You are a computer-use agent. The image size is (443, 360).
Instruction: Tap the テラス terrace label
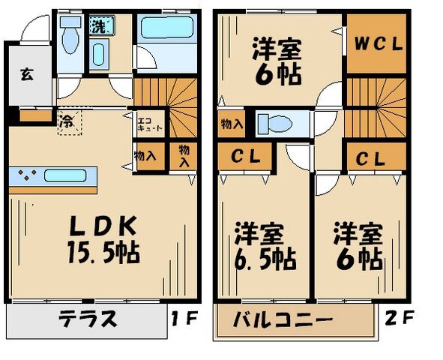[x=88, y=319]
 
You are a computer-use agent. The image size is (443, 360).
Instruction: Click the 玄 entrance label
[x=26, y=74]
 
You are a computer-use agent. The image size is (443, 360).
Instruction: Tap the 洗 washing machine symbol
[x=99, y=25]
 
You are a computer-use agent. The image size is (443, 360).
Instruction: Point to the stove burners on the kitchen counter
[x=27, y=177]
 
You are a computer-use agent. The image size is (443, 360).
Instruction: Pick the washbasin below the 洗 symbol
[x=98, y=53]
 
